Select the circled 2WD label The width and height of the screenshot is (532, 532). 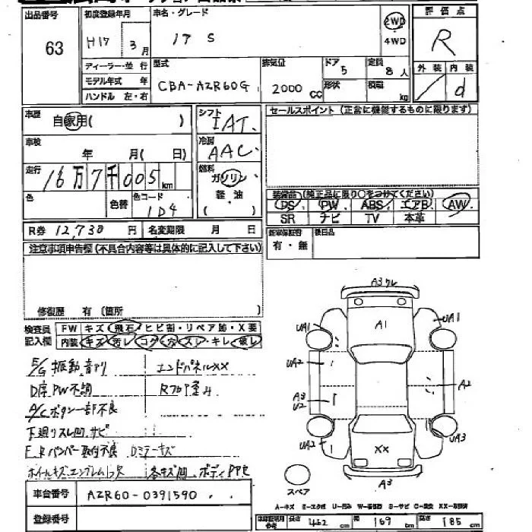pos(394,21)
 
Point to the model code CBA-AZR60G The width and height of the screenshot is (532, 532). pos(204,87)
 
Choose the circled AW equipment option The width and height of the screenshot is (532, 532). pos(458,204)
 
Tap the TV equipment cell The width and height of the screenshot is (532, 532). pos(372,218)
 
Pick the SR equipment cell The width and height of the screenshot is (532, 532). pos(287,218)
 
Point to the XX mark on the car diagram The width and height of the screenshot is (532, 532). pos(382,449)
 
